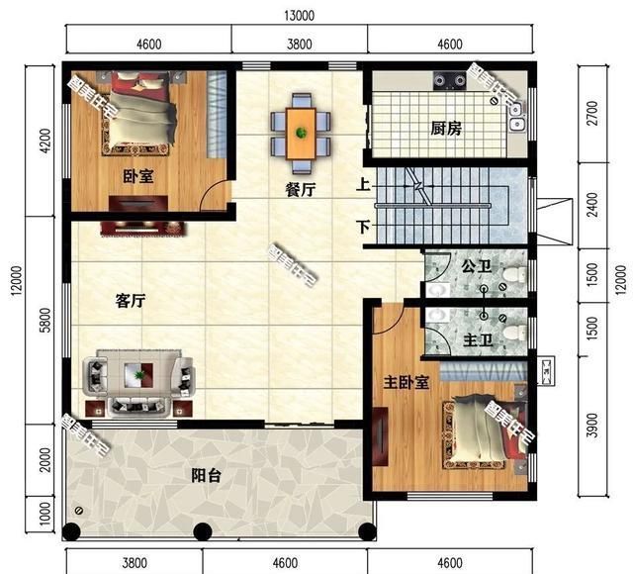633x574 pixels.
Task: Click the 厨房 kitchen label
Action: point(447,129)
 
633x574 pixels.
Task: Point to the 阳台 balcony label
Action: point(206,475)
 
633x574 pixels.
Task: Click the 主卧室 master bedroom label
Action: point(406,383)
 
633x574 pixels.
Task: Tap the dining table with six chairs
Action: point(300,126)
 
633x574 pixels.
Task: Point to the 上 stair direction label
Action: point(364,184)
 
